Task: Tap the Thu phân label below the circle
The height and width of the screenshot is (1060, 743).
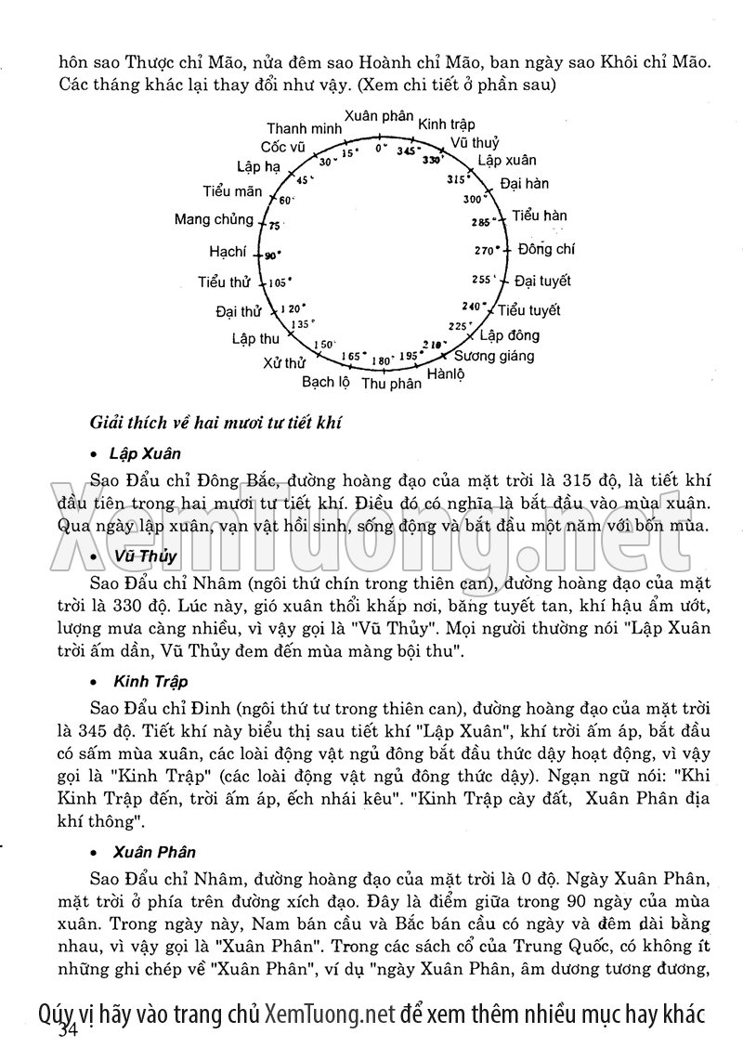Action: (391, 383)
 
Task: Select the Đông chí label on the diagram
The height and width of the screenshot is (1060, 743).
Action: (546, 249)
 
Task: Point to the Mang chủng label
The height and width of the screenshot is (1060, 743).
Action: (214, 219)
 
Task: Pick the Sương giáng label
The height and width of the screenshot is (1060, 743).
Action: (493, 356)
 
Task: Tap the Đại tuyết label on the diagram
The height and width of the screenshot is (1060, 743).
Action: (542, 281)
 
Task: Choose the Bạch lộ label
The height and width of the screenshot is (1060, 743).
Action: (325, 381)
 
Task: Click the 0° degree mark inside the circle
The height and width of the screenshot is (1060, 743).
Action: (380, 148)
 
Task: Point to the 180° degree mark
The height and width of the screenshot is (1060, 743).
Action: (381, 360)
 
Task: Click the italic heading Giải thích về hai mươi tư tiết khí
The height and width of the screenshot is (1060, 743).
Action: (215, 424)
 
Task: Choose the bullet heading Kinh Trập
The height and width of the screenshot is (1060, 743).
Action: (150, 682)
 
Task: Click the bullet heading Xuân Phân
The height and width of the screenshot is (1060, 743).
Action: (154, 851)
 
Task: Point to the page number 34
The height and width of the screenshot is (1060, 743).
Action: (68, 1031)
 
